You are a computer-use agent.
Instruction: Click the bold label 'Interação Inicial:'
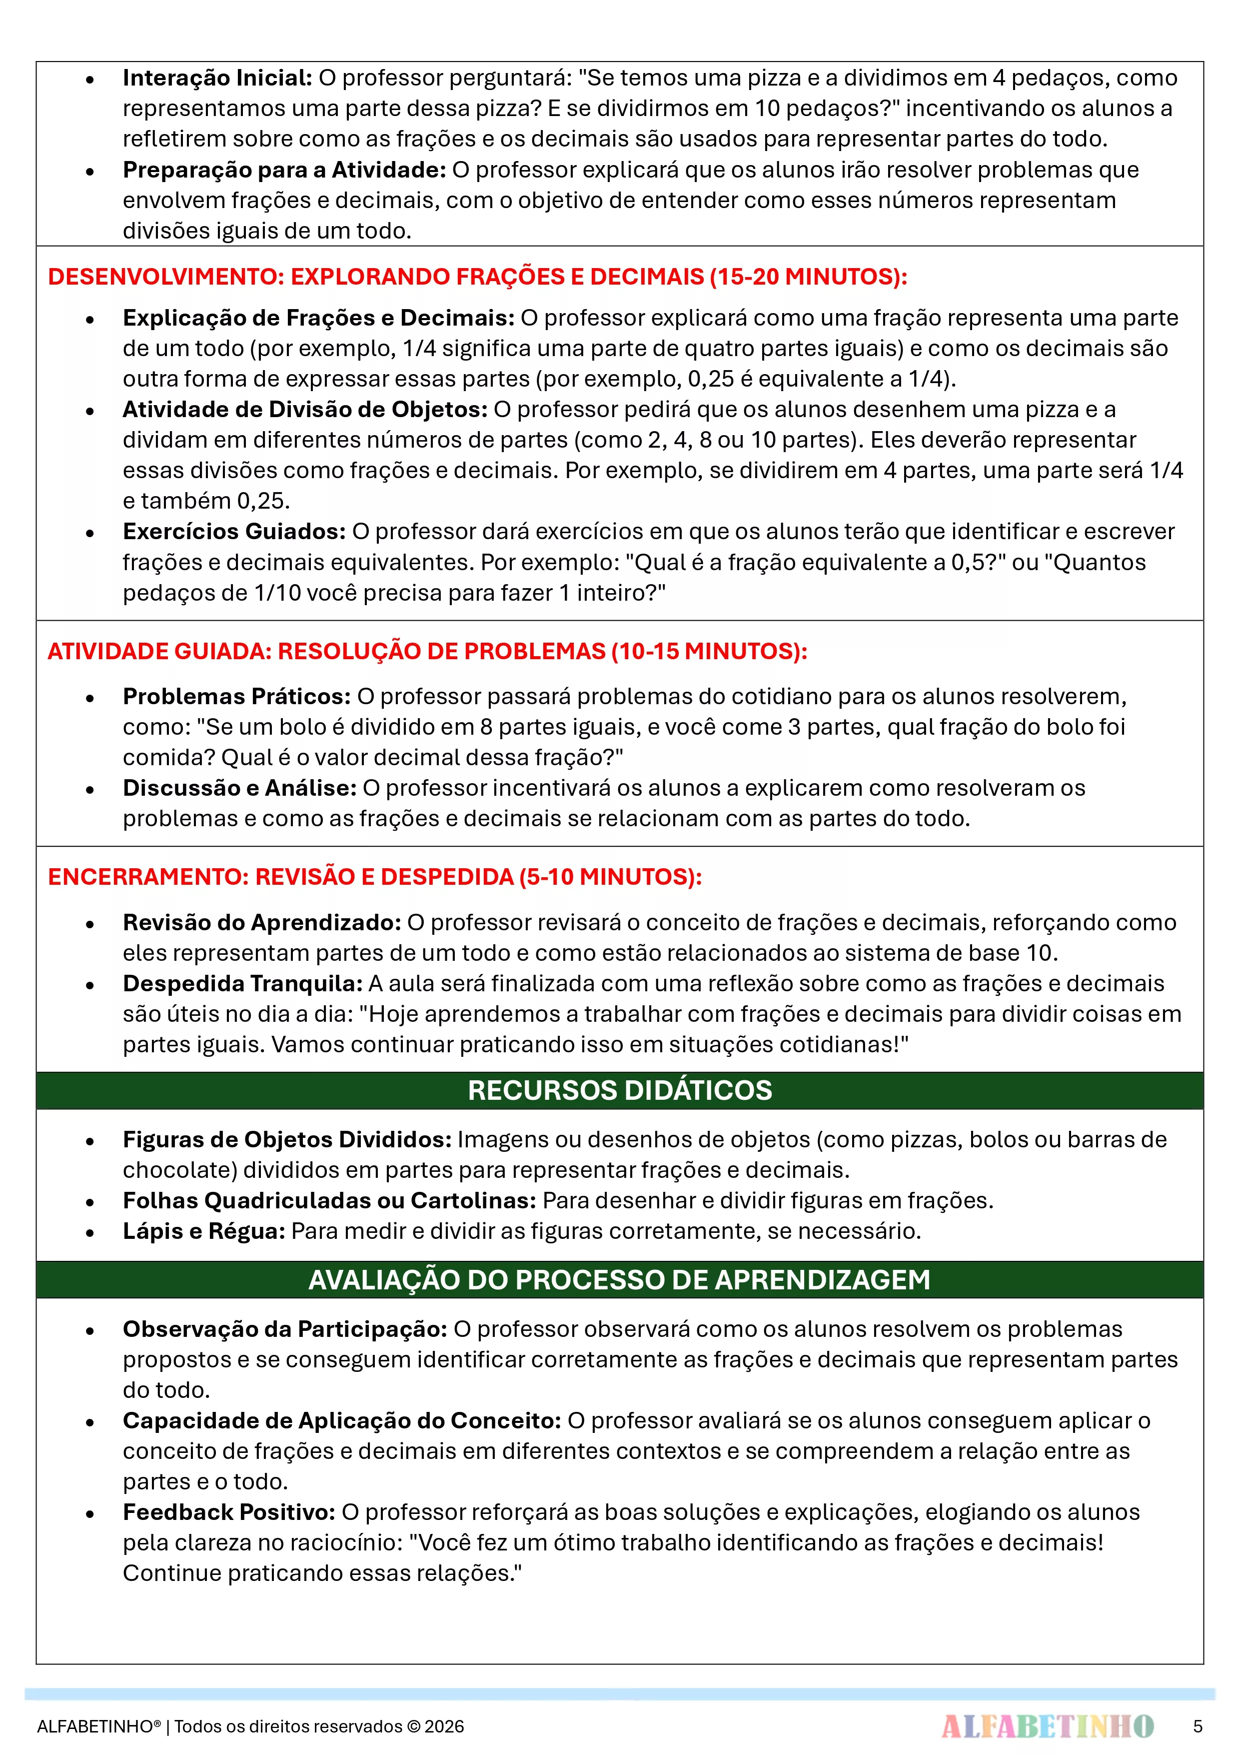(217, 78)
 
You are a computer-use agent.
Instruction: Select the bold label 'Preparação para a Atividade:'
(284, 170)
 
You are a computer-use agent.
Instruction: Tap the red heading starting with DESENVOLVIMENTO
(477, 277)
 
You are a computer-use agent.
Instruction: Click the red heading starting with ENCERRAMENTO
(374, 877)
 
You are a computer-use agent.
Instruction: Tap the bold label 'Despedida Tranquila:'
(243, 984)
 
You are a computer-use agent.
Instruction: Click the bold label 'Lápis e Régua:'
(204, 1231)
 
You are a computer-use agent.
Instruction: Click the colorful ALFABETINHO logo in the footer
(1048, 1726)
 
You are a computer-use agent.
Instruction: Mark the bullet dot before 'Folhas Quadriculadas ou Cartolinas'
(90, 1202)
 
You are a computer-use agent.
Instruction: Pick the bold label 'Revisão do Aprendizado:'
(262, 923)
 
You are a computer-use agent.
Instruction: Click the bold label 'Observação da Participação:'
(285, 1329)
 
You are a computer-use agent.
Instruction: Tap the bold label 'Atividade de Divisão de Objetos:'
(305, 410)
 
